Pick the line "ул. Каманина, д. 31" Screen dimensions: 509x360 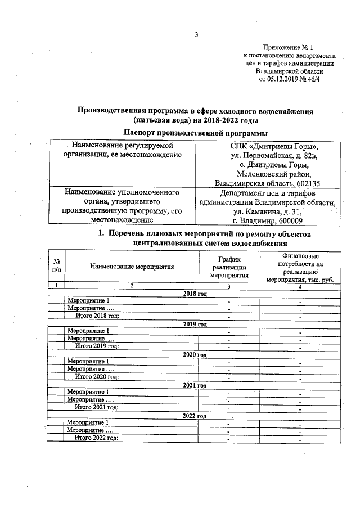(x=268, y=211)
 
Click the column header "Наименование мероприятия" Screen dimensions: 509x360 (x=132, y=267)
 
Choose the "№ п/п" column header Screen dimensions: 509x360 (x=57, y=267)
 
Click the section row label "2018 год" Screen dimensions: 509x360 (x=195, y=294)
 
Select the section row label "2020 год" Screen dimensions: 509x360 (x=195, y=354)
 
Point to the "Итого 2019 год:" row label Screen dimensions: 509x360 (x=97, y=346)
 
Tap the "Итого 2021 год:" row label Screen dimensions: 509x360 (x=97, y=407)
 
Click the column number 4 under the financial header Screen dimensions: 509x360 (x=300, y=287)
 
